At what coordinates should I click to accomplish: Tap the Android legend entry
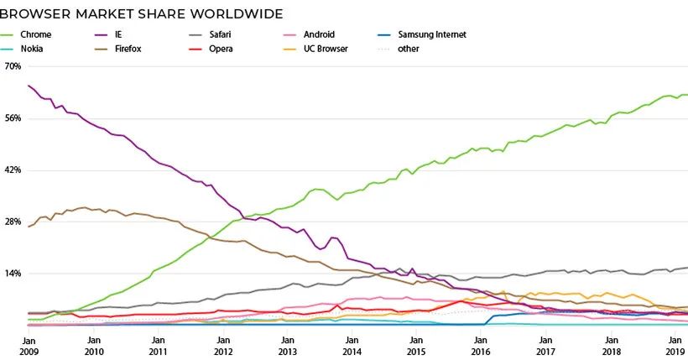[x=319, y=34]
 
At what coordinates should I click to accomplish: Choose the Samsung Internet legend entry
[x=433, y=34]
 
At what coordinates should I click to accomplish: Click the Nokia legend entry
[x=32, y=49]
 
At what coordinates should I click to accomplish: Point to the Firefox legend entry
[x=128, y=49]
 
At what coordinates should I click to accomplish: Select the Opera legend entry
[x=221, y=49]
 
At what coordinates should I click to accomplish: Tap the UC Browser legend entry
[x=327, y=49]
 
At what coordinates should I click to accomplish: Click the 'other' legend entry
[x=409, y=49]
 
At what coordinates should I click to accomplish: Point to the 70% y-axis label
[x=13, y=66]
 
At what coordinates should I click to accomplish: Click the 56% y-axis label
[x=13, y=118]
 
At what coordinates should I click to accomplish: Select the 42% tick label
[x=13, y=170]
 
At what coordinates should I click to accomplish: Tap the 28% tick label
[x=13, y=222]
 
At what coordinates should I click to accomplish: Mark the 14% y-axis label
[x=13, y=274]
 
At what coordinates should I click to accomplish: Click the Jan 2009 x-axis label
[x=28, y=346]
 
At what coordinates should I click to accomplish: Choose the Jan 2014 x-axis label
[x=352, y=346]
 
